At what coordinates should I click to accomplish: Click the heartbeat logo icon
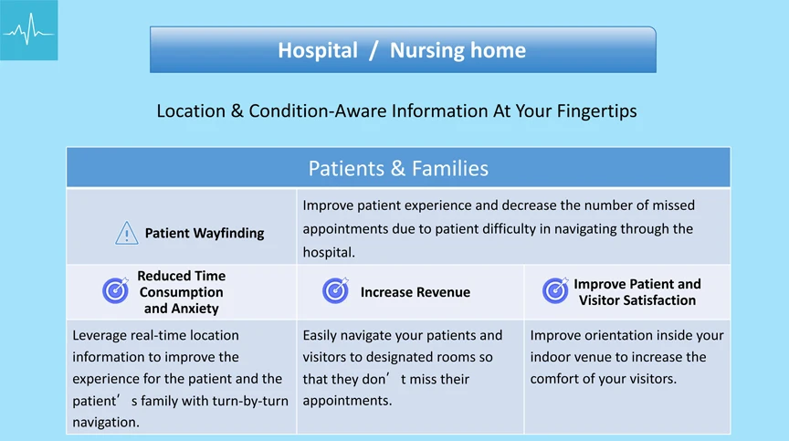[x=28, y=30]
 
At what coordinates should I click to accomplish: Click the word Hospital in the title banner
[x=318, y=50]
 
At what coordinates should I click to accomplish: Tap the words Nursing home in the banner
[x=458, y=50]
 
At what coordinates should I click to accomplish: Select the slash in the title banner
[x=373, y=51]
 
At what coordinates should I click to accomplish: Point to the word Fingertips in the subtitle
[x=597, y=111]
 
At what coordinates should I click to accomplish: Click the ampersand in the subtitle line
[x=237, y=111]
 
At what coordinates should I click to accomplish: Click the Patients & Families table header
[x=398, y=168]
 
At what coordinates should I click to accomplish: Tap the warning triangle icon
[x=126, y=233]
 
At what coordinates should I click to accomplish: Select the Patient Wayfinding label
[x=205, y=233]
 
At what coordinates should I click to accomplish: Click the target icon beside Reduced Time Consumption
[x=116, y=290]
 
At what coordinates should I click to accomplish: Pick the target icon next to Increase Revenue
[x=336, y=290]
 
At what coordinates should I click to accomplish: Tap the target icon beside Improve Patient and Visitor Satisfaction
[x=555, y=290]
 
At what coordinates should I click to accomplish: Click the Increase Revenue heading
[x=416, y=292]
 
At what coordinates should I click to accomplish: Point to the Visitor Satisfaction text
[x=637, y=300]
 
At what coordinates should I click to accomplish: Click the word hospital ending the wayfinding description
[x=329, y=252]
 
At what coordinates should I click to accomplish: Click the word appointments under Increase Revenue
[x=347, y=401]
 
